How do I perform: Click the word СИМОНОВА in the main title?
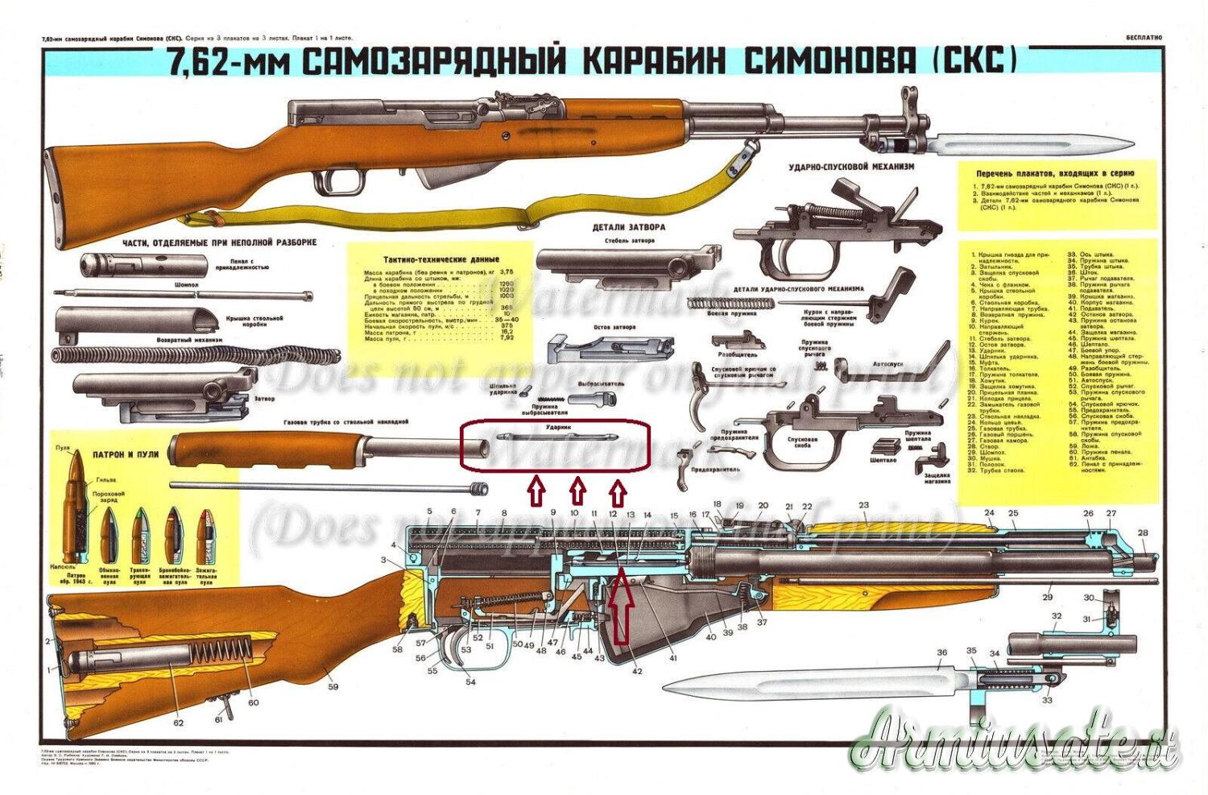tap(829, 62)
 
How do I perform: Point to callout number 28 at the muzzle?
tap(1142, 533)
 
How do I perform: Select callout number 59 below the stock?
tap(333, 687)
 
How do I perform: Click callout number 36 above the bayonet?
tap(941, 652)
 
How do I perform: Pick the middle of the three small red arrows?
tap(577, 490)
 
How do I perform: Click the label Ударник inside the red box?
tap(558, 427)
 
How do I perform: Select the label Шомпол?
tap(185, 284)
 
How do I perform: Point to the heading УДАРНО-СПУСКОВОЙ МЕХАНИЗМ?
tap(851, 167)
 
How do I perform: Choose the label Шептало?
tap(883, 461)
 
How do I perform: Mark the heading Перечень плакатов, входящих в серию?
tap(1055, 173)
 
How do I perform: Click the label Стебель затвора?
tap(623, 240)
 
